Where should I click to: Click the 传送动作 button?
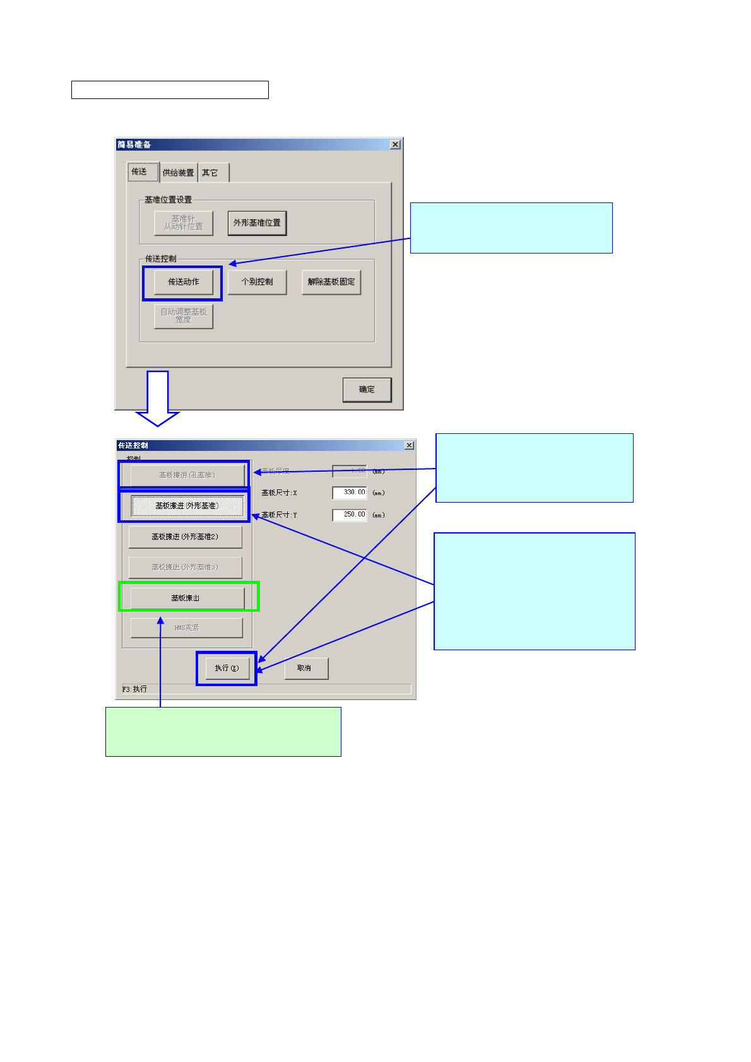[183, 282]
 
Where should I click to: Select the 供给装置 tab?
[178, 173]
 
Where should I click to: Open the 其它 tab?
[210, 173]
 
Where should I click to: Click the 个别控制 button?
[257, 282]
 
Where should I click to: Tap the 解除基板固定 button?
[331, 282]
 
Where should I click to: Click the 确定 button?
[367, 390]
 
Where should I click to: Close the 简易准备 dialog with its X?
[395, 144]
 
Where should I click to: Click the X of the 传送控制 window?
[409, 445]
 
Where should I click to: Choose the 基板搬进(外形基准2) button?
[185, 537]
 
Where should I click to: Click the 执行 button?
[227, 668]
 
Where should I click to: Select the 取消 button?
[305, 668]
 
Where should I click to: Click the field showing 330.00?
[350, 493]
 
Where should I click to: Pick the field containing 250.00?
[350, 515]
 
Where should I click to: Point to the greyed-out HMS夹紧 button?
[186, 627]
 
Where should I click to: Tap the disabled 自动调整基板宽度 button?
[183, 316]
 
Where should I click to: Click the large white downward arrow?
[158, 397]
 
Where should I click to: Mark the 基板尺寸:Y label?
[279, 515]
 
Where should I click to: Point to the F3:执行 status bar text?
[134, 689]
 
